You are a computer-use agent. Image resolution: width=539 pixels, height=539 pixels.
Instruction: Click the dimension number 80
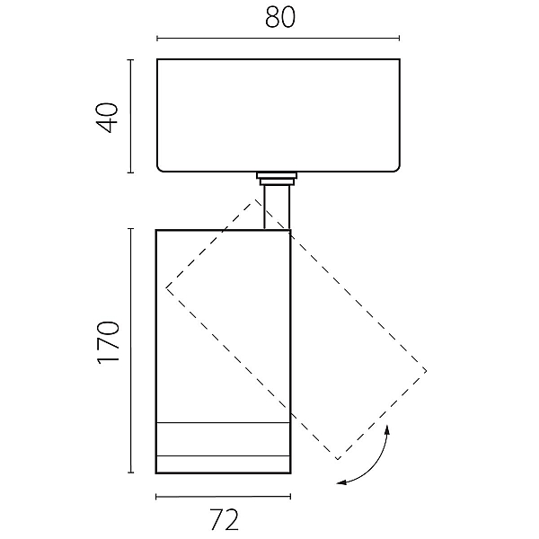click(280, 17)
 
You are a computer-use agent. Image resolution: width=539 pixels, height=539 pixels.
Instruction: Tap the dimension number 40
click(108, 117)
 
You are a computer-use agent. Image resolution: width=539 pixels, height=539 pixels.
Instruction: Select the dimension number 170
click(109, 342)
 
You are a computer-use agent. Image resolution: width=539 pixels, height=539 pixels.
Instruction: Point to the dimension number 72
click(224, 519)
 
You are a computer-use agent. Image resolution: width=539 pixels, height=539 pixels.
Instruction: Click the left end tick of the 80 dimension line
click(157, 38)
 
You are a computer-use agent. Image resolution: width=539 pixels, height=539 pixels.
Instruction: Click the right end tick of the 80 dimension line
click(399, 38)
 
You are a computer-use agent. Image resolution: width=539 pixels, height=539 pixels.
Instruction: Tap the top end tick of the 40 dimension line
click(130, 60)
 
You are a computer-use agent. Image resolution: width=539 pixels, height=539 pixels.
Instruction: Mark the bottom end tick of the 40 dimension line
click(130, 172)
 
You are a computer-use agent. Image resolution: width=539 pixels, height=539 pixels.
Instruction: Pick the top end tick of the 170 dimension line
click(130, 228)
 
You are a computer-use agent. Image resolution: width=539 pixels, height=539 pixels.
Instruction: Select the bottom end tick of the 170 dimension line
click(130, 473)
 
